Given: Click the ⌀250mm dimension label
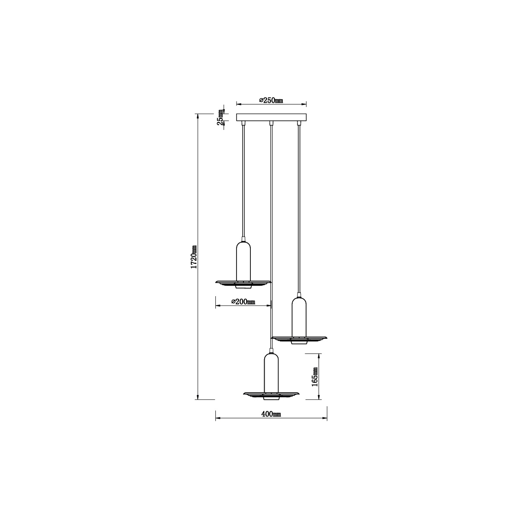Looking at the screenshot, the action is (271, 101).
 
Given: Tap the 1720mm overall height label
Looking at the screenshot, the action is (194, 257).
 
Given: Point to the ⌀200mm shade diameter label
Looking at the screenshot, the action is (243, 302).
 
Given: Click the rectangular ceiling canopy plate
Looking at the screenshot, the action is (271, 117).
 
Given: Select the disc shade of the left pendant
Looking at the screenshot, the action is (243, 284).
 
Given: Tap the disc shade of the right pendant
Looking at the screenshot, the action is (299, 339).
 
